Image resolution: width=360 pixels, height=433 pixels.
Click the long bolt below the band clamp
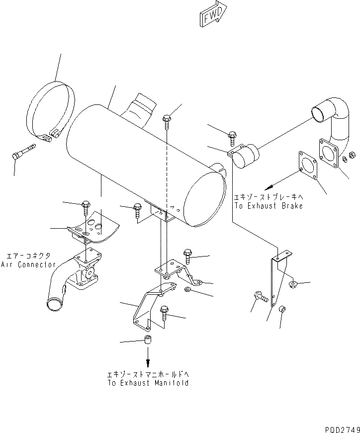pyautogui.click(x=23, y=151)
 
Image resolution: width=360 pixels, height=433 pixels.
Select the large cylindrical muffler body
pyautogui.click(x=144, y=159)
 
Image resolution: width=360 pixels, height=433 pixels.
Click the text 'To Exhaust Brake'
pyautogui.click(x=269, y=206)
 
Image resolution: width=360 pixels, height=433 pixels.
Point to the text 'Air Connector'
pyautogui.click(x=28, y=264)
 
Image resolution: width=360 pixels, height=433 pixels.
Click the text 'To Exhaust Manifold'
pyautogui.click(x=148, y=383)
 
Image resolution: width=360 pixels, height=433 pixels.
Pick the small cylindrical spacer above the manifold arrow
pyautogui.click(x=148, y=341)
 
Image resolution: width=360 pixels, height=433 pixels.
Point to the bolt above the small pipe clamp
pyautogui.click(x=232, y=136)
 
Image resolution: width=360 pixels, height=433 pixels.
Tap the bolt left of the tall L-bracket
pyautogui.click(x=260, y=297)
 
